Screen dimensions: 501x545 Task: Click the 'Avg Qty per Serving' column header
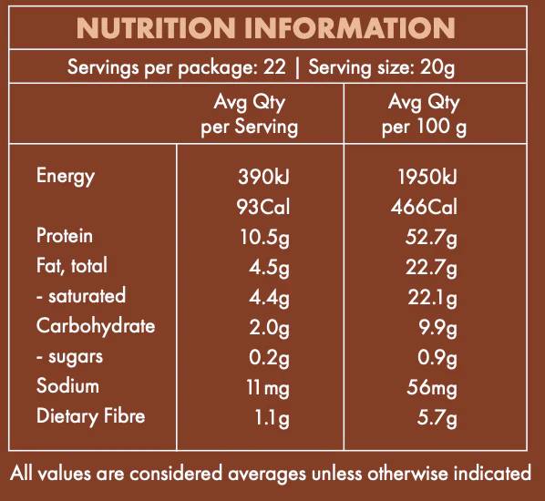point(249,114)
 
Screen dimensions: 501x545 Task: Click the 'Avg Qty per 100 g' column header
point(424,114)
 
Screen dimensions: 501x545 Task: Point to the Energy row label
point(66,176)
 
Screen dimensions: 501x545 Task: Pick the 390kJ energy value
point(263,177)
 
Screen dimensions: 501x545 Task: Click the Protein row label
point(65,236)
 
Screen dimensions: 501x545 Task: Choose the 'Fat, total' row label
point(72,266)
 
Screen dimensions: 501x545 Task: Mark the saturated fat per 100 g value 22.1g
point(433,297)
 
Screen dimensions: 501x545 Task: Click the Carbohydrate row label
point(96,326)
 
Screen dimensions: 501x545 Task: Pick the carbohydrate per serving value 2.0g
point(270,327)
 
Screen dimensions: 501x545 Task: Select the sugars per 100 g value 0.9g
point(437,357)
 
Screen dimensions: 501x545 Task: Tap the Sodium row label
point(67,386)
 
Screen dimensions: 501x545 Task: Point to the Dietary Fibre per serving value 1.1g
point(272,417)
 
